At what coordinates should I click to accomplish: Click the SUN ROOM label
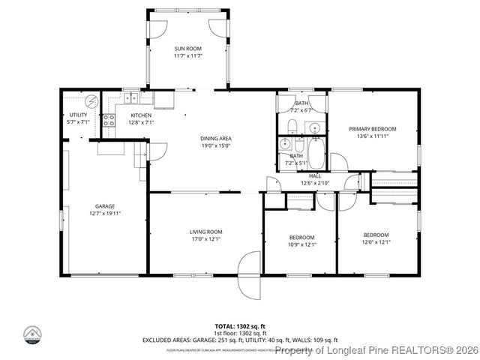click(x=188, y=49)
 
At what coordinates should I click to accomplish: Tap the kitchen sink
click(x=130, y=97)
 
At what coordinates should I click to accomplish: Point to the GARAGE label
click(x=104, y=205)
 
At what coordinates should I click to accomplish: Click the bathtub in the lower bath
click(x=318, y=156)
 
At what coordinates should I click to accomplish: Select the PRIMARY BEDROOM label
click(x=372, y=129)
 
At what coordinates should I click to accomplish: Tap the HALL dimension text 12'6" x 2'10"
click(x=314, y=182)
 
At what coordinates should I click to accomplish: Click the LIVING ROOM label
click(x=205, y=232)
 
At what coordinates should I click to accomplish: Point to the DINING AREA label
click(x=215, y=138)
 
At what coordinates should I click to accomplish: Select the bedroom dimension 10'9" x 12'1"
click(x=301, y=244)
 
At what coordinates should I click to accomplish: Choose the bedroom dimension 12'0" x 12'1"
click(x=376, y=241)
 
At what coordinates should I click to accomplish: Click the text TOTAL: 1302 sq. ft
click(x=239, y=326)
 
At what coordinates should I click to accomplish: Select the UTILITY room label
click(x=78, y=115)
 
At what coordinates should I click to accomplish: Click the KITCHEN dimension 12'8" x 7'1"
click(x=141, y=122)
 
